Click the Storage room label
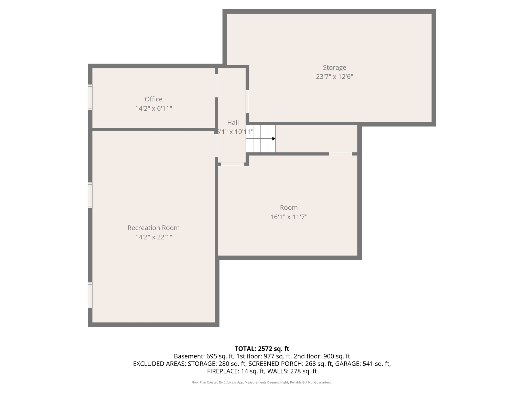[334, 68]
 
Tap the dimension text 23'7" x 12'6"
[334, 77]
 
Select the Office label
[154, 99]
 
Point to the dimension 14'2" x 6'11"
[154, 108]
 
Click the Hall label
[233, 123]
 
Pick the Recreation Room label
[154, 228]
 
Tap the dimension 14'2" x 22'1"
[154, 237]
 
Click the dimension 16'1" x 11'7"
[289, 217]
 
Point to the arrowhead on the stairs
[274, 139]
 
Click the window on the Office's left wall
[90, 97]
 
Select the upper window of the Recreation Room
[90, 195]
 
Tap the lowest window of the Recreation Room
[90, 295]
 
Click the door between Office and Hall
[216, 86]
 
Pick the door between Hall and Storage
[247, 102]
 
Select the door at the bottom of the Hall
[232, 164]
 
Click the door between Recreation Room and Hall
[216, 146]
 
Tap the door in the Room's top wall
[340, 154]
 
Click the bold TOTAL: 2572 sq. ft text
[262, 349]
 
